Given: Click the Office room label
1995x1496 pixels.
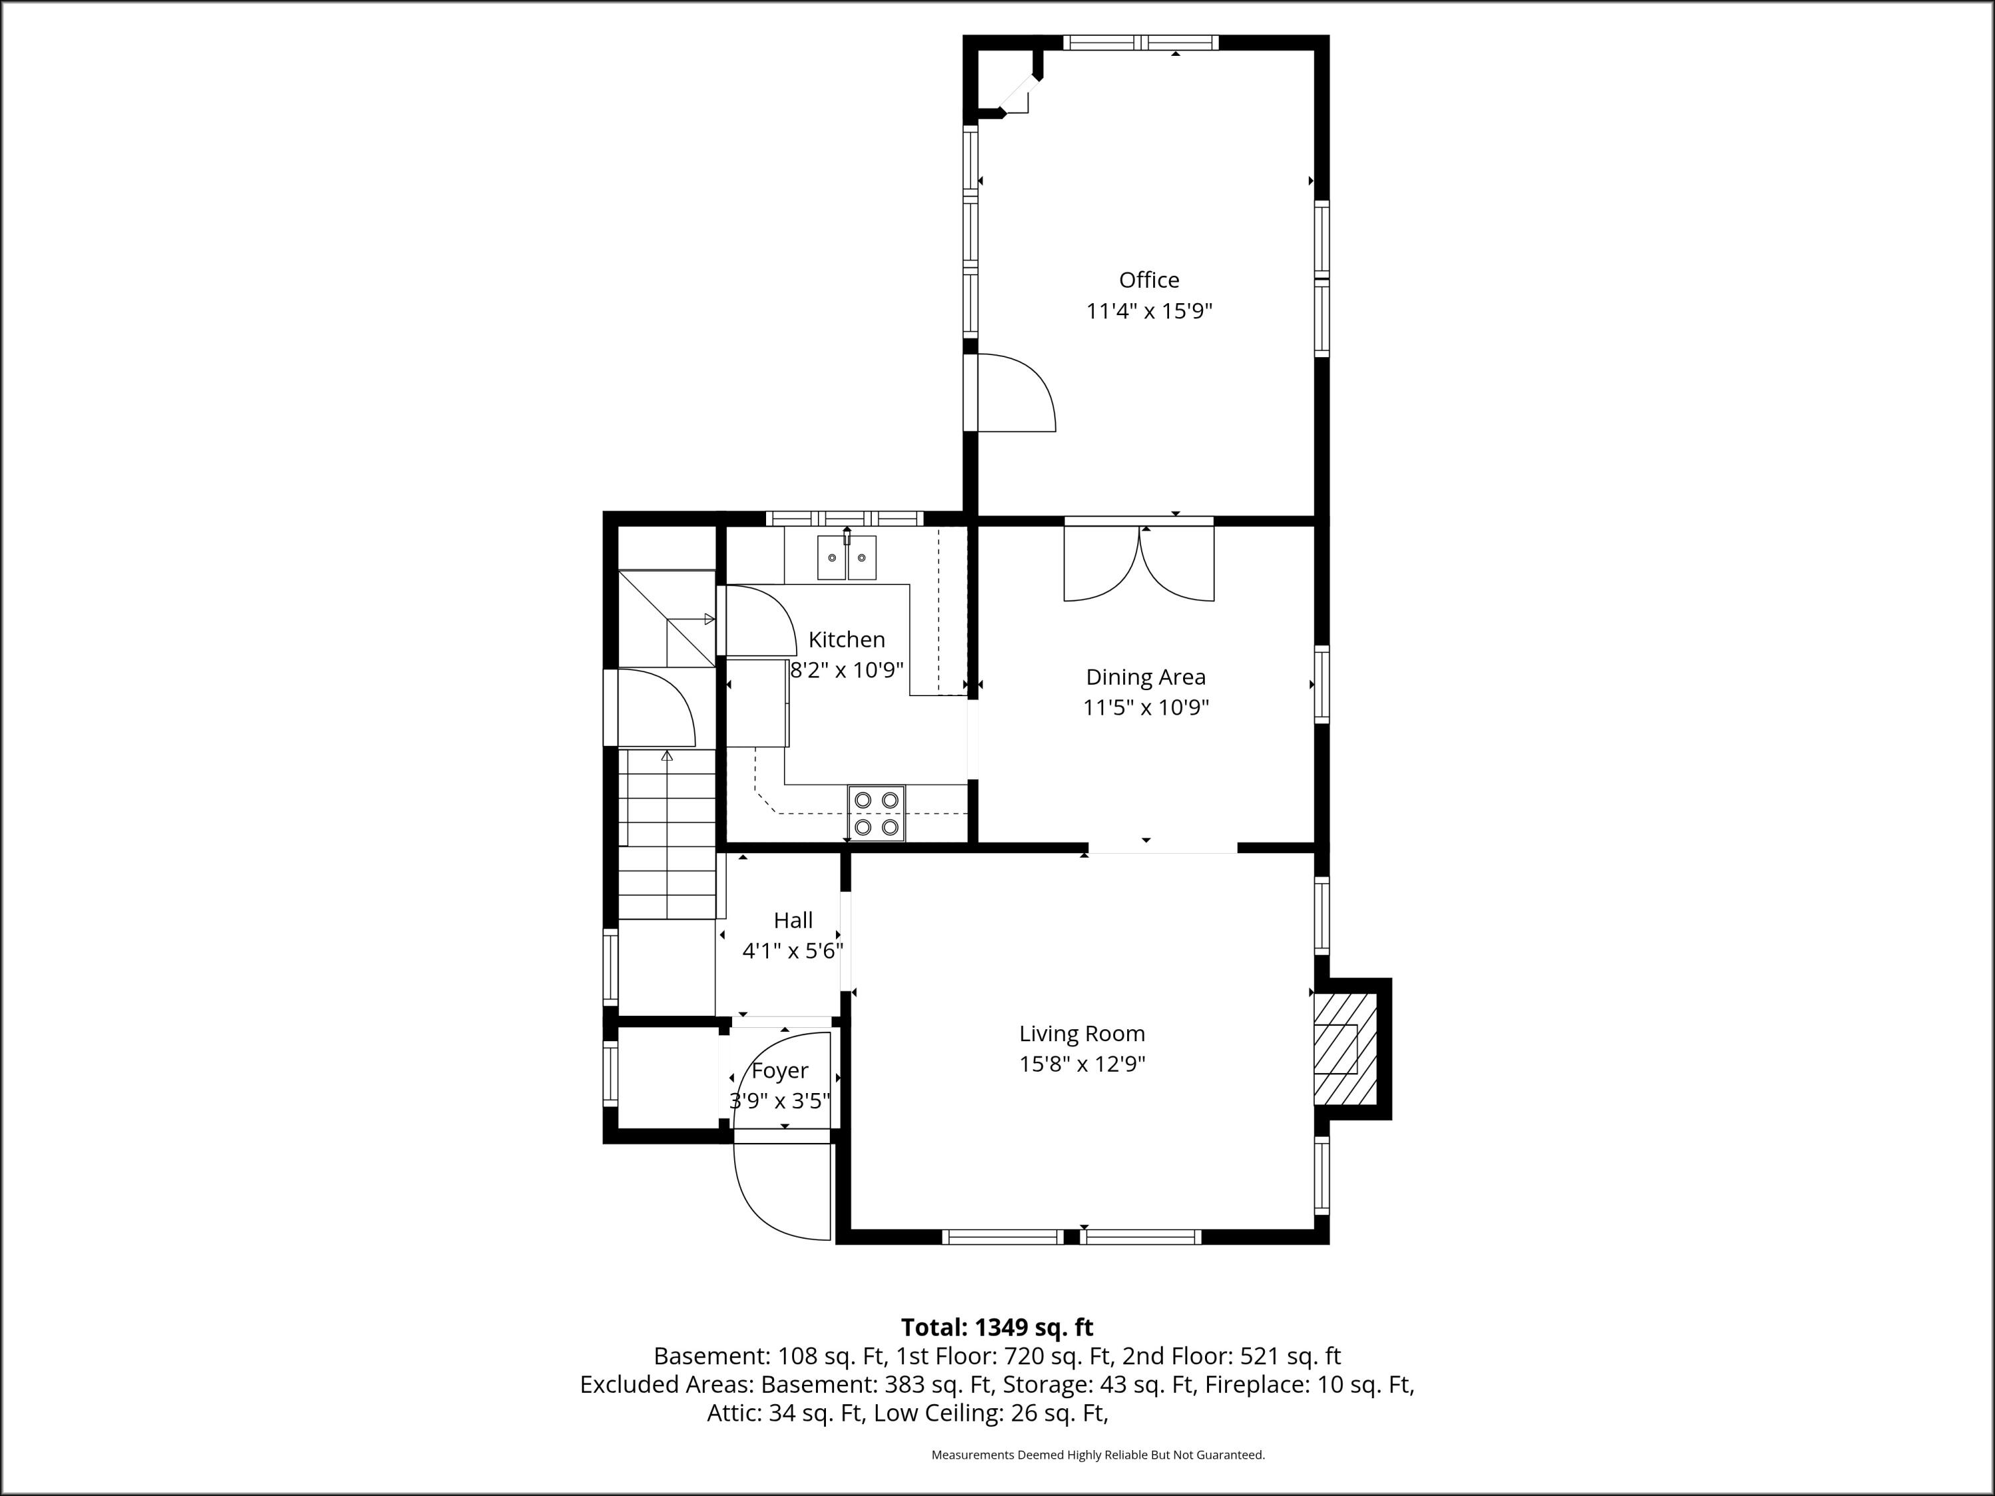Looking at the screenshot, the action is pos(1149,281).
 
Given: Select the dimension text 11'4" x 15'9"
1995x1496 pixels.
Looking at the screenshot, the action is pos(1149,312).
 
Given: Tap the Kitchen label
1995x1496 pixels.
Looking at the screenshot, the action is pos(846,640).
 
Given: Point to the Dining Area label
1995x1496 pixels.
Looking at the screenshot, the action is pos(1145,678).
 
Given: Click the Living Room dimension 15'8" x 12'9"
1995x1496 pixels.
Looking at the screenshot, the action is pos(1082,1064).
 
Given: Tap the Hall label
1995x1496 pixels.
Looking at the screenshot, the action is pos(793,921).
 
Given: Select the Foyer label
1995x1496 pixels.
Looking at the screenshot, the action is pos(779,1071).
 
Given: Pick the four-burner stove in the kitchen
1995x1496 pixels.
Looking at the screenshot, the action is pos(876,812).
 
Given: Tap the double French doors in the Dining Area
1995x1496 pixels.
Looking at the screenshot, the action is pos(1139,562).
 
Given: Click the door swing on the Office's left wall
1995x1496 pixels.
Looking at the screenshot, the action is pos(1013,393).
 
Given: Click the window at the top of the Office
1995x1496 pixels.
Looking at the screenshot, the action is pos(1141,43).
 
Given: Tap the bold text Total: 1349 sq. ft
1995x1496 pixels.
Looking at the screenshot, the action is pos(997,1327).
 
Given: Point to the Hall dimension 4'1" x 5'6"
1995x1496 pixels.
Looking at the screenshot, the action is pos(793,951).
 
